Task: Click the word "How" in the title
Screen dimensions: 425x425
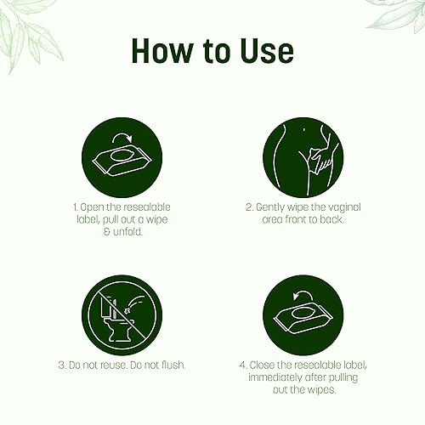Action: pyautogui.click(x=161, y=51)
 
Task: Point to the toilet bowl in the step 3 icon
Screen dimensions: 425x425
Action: pyautogui.click(x=121, y=329)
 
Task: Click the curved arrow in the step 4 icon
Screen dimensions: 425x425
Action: pyautogui.click(x=303, y=295)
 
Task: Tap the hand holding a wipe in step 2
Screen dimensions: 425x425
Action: pyautogui.click(x=321, y=159)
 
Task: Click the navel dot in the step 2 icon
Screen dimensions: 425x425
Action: pyautogui.click(x=304, y=130)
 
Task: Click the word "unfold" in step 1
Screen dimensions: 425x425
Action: pyautogui.click(x=127, y=232)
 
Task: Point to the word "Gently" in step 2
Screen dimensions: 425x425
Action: pyautogui.click(x=270, y=207)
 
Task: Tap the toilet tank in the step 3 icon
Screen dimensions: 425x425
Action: pyautogui.click(x=107, y=307)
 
